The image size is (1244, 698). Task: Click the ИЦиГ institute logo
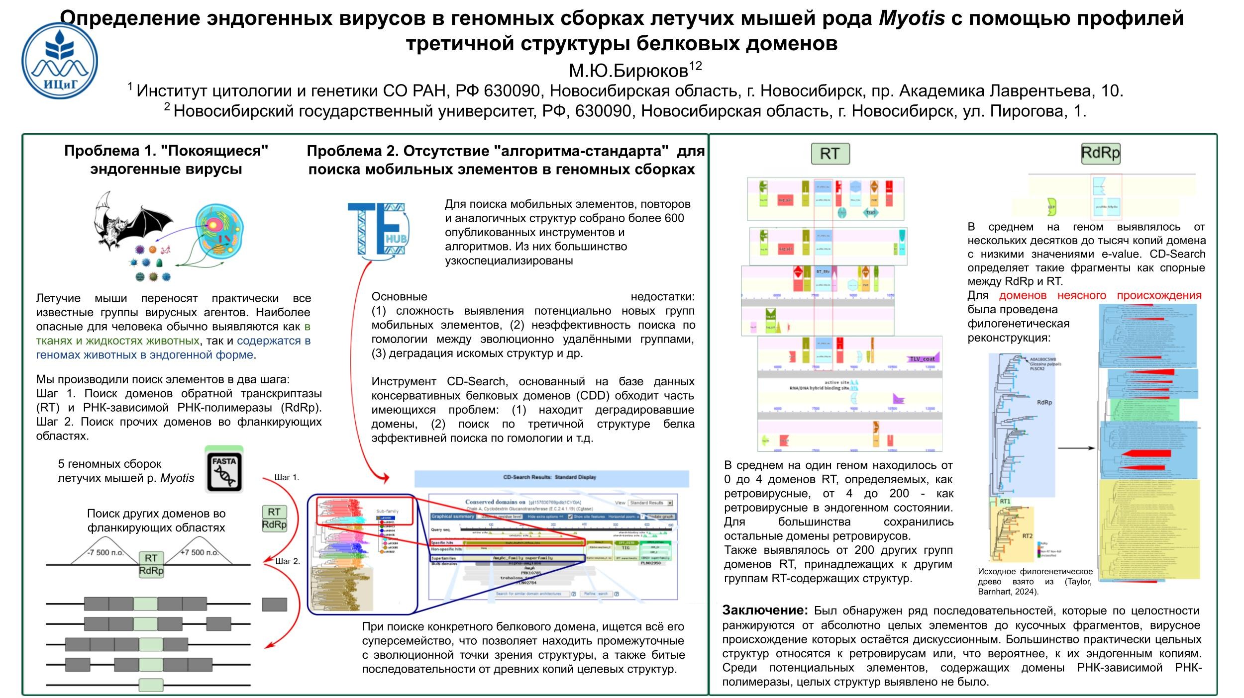point(60,61)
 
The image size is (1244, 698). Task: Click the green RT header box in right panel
point(830,154)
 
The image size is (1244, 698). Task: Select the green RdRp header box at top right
point(1100,153)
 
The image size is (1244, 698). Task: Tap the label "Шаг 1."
point(287,477)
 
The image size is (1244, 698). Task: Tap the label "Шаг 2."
point(288,561)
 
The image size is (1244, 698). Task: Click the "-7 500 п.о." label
point(105,552)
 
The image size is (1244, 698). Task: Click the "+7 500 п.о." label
point(199,552)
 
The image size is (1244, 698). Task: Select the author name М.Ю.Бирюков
point(628,71)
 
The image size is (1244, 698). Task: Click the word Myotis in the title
point(912,19)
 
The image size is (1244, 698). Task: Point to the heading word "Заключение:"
point(765,611)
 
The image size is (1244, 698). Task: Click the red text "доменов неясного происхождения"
point(1100,295)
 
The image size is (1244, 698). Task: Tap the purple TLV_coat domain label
point(922,359)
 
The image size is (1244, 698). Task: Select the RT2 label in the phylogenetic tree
point(1028,536)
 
